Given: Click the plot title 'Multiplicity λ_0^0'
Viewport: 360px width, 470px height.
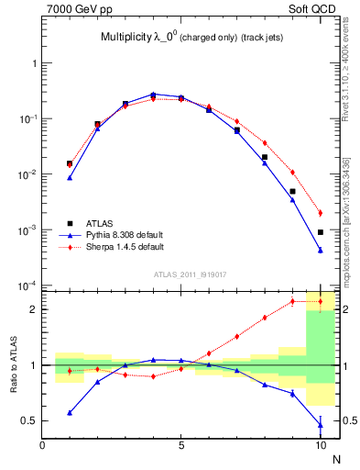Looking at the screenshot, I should tap(142, 38).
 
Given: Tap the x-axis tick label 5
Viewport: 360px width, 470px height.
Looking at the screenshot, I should tap(181, 446).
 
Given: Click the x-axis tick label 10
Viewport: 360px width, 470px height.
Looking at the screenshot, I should tap(320, 446).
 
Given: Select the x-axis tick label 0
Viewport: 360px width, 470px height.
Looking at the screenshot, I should tap(42, 446).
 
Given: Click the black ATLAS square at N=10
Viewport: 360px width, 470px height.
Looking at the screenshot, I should tap(321, 232).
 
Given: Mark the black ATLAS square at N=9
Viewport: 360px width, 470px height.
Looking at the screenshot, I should tap(292, 192).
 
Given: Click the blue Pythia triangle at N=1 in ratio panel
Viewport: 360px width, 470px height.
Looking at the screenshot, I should tap(70, 413).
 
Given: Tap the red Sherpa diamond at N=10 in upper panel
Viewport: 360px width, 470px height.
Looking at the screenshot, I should tap(321, 213).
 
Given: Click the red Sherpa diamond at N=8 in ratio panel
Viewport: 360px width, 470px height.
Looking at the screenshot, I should tap(265, 318).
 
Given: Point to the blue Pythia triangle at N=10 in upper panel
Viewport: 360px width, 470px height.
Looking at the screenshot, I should tap(321, 250).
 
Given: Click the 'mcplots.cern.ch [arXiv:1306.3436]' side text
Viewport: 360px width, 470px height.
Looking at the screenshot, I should tap(345, 220).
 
